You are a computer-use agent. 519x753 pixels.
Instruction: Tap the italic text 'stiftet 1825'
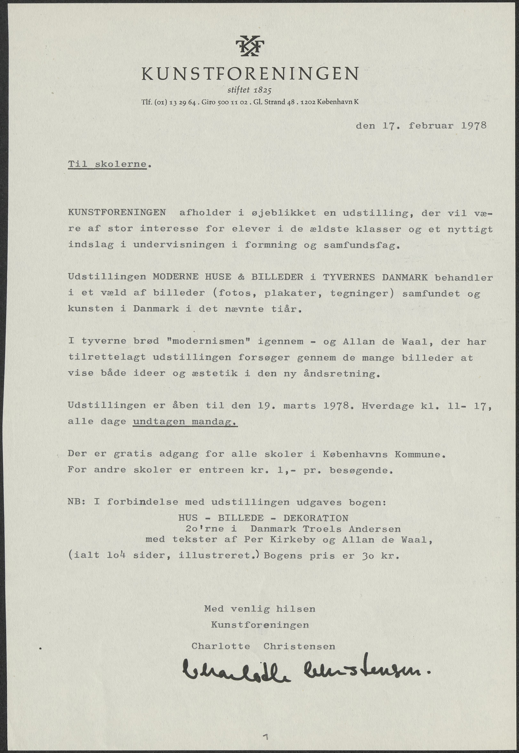[249, 90]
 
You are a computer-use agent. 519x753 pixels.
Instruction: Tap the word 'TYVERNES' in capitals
[349, 277]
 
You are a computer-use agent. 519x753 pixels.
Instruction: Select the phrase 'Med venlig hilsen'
[259, 609]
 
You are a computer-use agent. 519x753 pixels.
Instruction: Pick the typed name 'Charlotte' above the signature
[220, 646]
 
